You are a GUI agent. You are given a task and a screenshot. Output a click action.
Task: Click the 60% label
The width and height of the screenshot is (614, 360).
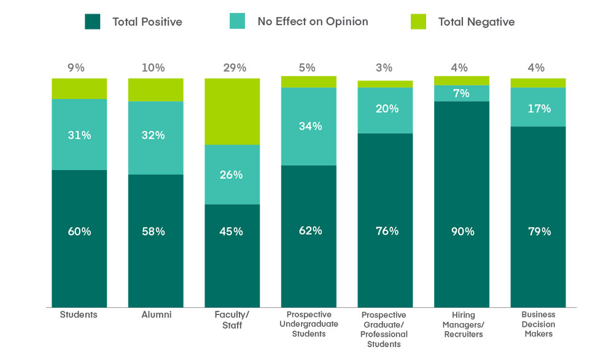(80, 232)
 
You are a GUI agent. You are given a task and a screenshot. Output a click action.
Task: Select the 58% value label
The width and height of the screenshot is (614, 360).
(153, 232)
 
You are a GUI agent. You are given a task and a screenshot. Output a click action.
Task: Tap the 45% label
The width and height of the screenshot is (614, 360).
(231, 232)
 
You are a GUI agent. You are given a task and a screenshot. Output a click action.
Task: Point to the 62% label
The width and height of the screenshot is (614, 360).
(311, 231)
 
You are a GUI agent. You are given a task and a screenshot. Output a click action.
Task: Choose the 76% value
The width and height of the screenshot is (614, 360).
(387, 231)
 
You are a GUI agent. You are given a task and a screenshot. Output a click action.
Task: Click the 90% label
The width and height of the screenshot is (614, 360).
(462, 232)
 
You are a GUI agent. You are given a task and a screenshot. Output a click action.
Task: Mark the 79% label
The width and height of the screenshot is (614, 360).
(539, 232)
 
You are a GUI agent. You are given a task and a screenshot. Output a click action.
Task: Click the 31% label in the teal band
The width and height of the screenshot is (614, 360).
(80, 135)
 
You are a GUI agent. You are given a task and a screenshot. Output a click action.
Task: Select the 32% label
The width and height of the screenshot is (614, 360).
(153, 135)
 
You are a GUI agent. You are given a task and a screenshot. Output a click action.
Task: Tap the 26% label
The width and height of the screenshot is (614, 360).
(231, 175)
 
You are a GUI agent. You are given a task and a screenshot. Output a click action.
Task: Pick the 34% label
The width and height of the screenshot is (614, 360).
(311, 126)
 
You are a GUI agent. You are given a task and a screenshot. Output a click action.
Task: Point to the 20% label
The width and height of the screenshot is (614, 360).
(387, 109)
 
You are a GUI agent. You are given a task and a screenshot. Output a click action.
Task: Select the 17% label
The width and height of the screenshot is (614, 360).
(539, 109)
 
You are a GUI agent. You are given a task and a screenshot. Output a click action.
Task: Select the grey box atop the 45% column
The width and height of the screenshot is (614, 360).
(231, 59)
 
